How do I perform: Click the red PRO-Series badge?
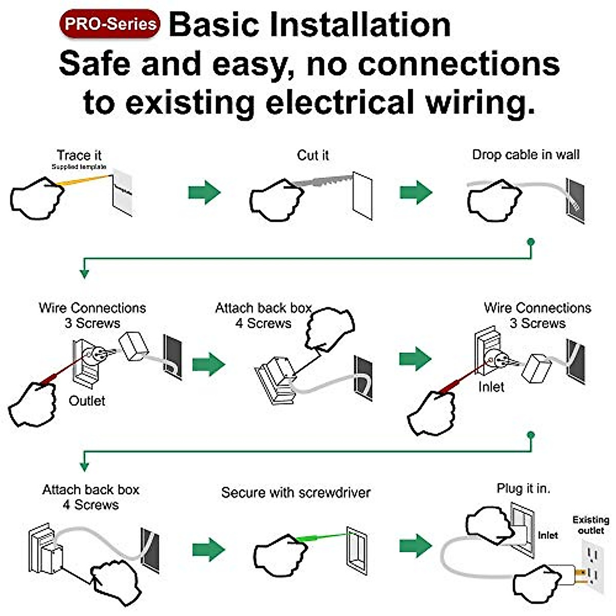coord(110,24)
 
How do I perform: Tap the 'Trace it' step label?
coord(79,156)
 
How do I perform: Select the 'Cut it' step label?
coord(313,156)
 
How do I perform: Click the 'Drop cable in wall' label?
coord(526,155)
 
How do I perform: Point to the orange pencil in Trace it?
coord(84,180)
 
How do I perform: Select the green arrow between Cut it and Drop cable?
coord(416,192)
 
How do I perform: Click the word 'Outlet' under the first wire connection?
coord(87,401)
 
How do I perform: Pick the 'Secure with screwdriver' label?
coord(296,493)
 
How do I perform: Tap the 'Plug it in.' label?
coord(523,489)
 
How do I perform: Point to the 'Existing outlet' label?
coord(591,525)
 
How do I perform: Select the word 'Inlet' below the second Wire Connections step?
coord(491,387)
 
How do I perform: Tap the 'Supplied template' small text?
coord(79,167)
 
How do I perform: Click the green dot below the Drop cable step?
coord(531,242)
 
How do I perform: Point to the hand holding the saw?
coord(277,200)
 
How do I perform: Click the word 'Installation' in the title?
coord(360,25)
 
